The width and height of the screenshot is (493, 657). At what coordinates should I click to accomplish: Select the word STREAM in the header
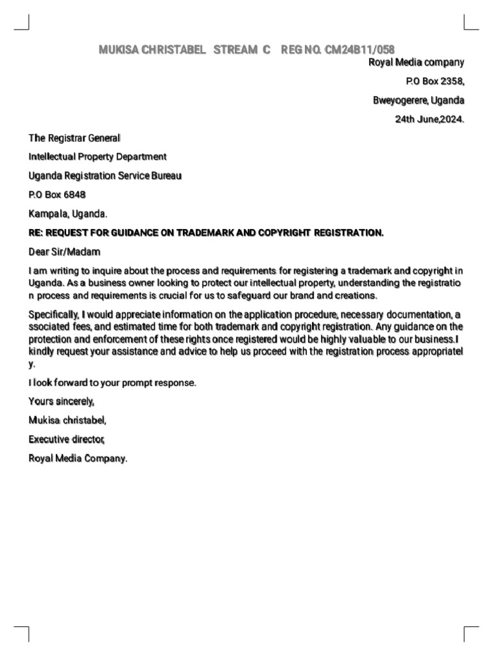pyautogui.click(x=235, y=49)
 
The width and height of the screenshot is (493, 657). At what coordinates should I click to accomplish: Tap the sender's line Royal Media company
pyautogui.click(x=415, y=62)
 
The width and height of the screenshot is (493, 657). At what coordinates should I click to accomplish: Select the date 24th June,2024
pyautogui.click(x=429, y=119)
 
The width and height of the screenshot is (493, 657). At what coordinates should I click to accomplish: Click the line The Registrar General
pyautogui.click(x=74, y=138)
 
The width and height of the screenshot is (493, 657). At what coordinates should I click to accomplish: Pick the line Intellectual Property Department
pyautogui.click(x=98, y=157)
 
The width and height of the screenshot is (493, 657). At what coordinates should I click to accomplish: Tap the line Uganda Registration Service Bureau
pyautogui.click(x=105, y=176)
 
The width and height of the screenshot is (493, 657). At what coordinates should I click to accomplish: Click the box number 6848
pyautogui.click(x=73, y=194)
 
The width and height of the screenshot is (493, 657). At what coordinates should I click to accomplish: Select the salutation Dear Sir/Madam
pyautogui.click(x=64, y=252)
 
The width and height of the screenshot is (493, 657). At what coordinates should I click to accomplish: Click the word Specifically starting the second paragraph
pyautogui.click(x=53, y=314)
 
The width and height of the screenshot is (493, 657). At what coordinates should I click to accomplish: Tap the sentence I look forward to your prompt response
pyautogui.click(x=112, y=383)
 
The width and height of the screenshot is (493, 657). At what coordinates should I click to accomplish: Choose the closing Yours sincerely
pyautogui.click(x=62, y=402)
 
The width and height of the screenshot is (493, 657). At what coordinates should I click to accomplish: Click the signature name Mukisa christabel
pyautogui.click(x=67, y=421)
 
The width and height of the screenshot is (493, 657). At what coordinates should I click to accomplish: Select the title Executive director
pyautogui.click(x=66, y=439)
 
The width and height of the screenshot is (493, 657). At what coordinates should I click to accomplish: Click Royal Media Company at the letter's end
pyautogui.click(x=78, y=459)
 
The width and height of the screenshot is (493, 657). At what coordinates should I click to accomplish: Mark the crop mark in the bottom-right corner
pyautogui.click(x=471, y=633)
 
